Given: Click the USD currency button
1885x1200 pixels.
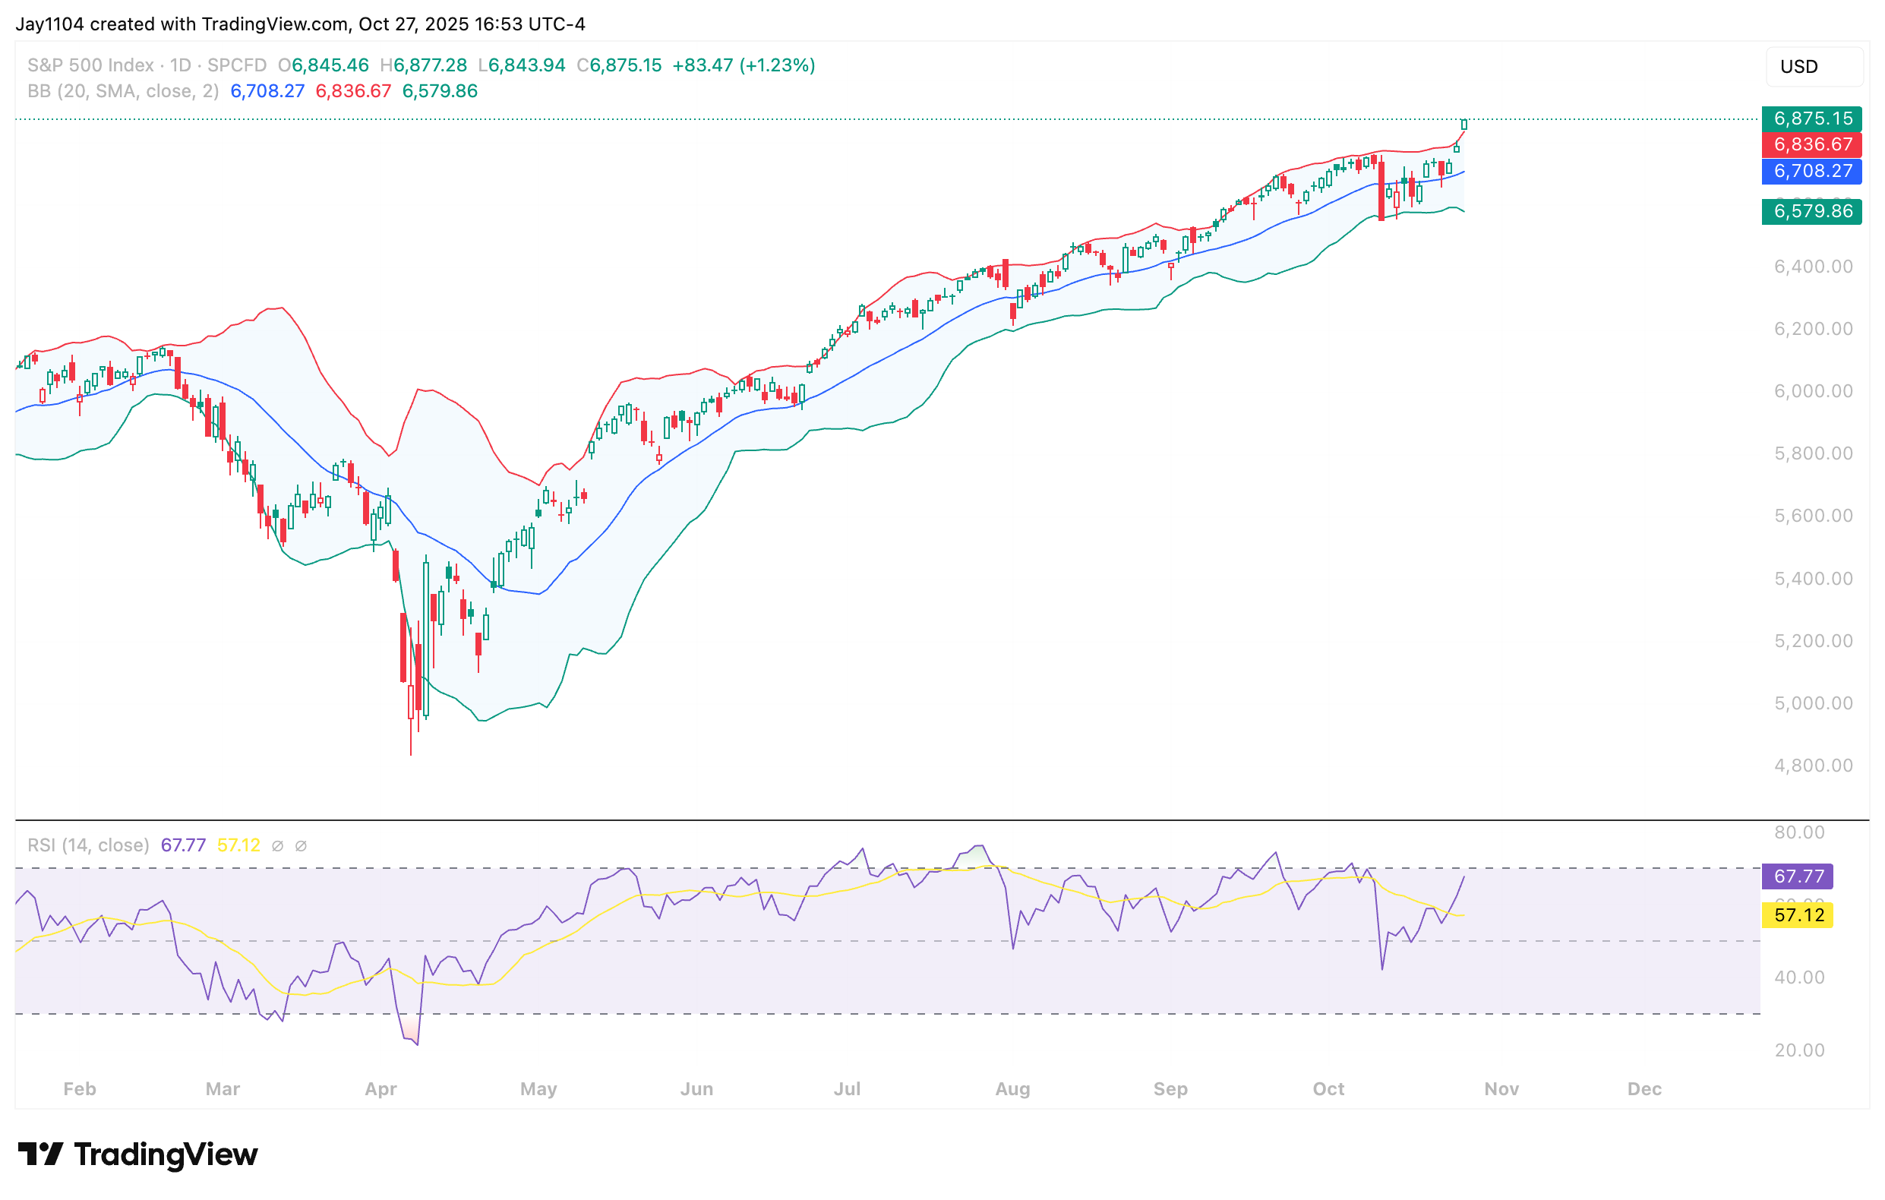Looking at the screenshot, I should (x=1813, y=67).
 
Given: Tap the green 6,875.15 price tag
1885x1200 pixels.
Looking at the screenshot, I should (x=1811, y=118).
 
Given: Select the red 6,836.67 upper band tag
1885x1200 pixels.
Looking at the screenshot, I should (x=1811, y=144).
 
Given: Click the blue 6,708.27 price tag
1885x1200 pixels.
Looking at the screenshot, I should (x=1811, y=171).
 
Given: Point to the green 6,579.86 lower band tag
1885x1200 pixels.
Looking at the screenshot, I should (x=1811, y=211).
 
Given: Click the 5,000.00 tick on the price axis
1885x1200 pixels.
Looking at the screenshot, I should (x=1813, y=703).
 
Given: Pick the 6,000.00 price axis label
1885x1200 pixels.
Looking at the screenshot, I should (x=1813, y=390).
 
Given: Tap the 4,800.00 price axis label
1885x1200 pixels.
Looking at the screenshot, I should (x=1813, y=765).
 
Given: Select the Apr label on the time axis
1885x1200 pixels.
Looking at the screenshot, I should (x=380, y=1089).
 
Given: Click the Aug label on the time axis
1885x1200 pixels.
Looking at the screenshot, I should (x=1012, y=1089).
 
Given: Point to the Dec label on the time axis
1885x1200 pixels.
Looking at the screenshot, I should (x=1644, y=1089).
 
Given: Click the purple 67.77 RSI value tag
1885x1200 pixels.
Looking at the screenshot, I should (x=1798, y=876).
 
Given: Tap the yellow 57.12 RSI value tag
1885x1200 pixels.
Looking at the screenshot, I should (x=1798, y=915).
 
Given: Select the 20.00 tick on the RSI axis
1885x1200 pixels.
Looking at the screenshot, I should (x=1799, y=1050).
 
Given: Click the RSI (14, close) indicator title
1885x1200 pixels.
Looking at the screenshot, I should (x=88, y=845).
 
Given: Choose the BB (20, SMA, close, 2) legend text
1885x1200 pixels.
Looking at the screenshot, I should (x=123, y=91).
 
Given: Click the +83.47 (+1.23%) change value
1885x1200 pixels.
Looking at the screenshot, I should (x=744, y=65).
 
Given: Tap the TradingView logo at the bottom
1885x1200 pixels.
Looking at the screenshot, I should (x=137, y=1154).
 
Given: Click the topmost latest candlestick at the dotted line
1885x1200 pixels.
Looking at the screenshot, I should (x=1463, y=125).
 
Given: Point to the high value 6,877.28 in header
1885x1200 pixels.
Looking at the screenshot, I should (x=430, y=65).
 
